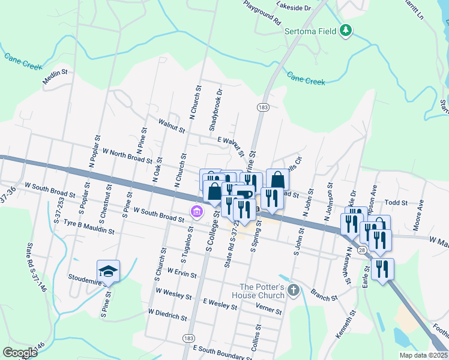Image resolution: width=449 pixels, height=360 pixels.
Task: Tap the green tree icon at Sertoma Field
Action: (345, 30)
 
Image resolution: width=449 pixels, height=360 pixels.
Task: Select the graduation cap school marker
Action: (109, 271)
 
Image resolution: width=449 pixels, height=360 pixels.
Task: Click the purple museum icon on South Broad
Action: (196, 211)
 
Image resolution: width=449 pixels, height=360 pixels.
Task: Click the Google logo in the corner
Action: (19, 353)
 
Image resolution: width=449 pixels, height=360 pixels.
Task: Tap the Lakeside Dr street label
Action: (294, 7)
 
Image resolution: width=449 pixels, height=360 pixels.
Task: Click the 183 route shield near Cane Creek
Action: (262, 107)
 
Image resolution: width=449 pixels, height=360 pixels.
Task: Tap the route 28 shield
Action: (361, 249)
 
